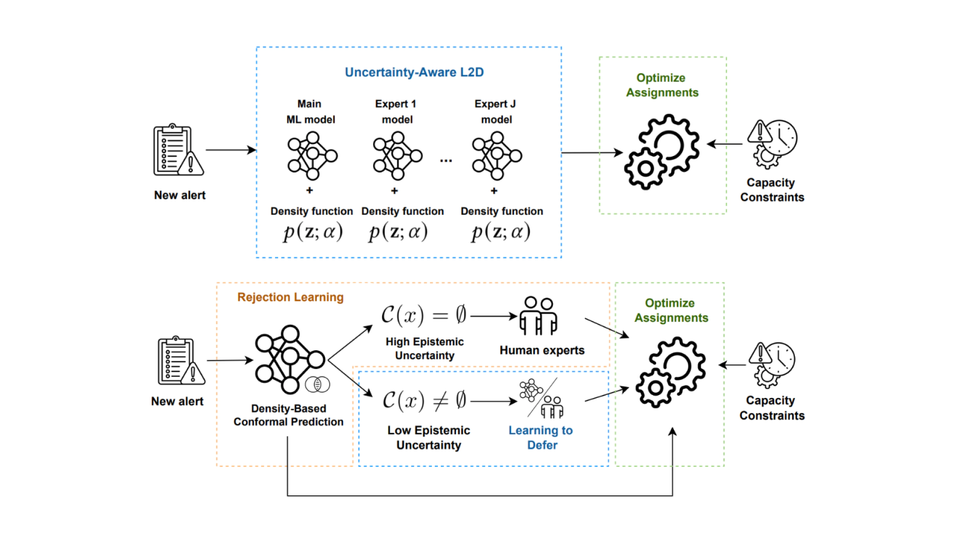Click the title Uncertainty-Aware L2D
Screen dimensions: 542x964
click(414, 72)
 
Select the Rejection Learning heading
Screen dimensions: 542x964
click(290, 297)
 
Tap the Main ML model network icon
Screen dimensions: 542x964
click(312, 156)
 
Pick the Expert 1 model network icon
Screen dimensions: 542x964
click(397, 156)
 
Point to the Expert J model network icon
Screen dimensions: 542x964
click(497, 156)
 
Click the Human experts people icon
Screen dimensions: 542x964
click(538, 316)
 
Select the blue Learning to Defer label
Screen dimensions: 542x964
click(541, 438)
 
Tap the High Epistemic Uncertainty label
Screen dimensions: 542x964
click(424, 348)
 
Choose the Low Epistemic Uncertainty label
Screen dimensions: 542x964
click(428, 438)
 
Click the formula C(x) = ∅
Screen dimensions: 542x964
click(423, 315)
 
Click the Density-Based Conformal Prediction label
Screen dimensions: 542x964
click(288, 415)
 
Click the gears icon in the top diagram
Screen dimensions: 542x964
click(662, 152)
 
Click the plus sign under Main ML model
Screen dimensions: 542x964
click(310, 190)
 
